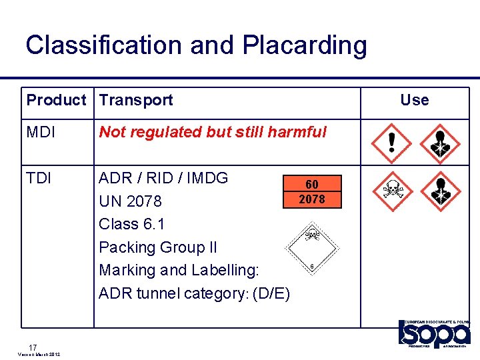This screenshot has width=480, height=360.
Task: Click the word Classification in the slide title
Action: click(103, 45)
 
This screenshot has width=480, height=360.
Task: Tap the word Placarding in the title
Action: click(305, 45)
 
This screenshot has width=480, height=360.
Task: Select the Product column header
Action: click(57, 100)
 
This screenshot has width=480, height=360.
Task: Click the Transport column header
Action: click(136, 100)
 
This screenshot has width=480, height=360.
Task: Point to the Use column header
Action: click(414, 100)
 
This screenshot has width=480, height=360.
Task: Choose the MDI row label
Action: click(41, 132)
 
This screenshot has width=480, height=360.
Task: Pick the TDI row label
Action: click(39, 178)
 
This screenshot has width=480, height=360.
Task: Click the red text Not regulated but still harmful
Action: click(213, 132)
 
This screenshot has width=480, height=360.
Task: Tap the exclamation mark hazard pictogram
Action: click(391, 143)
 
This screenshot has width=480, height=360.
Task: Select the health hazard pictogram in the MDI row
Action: click(439, 143)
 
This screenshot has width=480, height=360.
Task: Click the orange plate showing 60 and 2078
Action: click(311, 192)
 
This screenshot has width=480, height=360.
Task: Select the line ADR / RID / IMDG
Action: click(163, 178)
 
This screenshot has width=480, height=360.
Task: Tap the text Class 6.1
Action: click(132, 223)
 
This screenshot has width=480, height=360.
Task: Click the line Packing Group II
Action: click(158, 247)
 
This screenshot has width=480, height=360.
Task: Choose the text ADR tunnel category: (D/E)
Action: click(194, 293)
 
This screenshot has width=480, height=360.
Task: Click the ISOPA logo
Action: click(434, 333)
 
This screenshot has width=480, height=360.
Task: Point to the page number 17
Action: click(33, 347)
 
